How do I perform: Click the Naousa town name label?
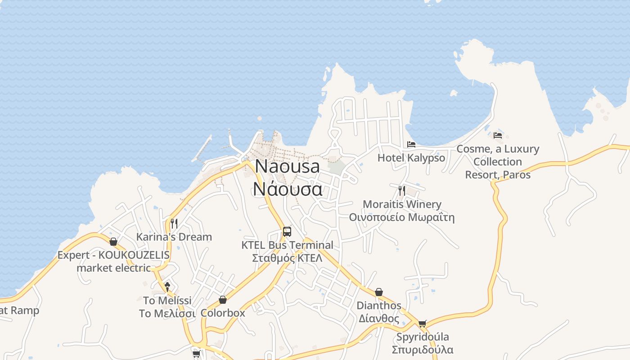287,166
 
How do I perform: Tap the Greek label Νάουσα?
287,189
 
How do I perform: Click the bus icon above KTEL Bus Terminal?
287,232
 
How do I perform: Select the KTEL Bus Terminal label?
287,245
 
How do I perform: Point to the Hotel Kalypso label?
411,158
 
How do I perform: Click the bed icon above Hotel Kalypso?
411,144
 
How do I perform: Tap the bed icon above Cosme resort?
497,135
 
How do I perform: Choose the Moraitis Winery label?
402,204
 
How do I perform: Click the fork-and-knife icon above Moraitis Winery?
402,190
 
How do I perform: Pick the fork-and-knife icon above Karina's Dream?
174,223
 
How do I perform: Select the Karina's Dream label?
174,237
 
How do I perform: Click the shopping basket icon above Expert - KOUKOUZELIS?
113,242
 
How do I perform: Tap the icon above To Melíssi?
167,286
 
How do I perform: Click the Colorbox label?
223,313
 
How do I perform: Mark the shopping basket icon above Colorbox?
223,300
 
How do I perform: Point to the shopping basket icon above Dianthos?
379,292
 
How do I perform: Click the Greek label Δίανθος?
379,319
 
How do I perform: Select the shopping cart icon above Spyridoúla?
422,324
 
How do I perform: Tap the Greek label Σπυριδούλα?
422,350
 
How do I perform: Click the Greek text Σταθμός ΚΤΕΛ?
287,258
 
